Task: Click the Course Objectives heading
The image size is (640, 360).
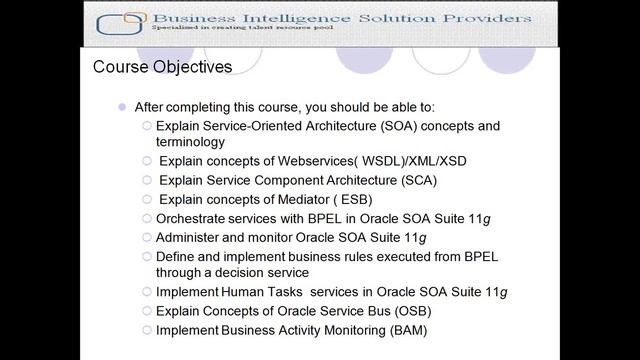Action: tap(162, 68)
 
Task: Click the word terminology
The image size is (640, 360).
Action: tap(191, 143)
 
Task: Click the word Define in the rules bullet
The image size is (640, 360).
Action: tap(175, 256)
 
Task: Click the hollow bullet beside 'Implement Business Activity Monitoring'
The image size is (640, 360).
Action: tap(147, 329)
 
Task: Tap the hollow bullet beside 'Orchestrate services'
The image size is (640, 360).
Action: tap(147, 218)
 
